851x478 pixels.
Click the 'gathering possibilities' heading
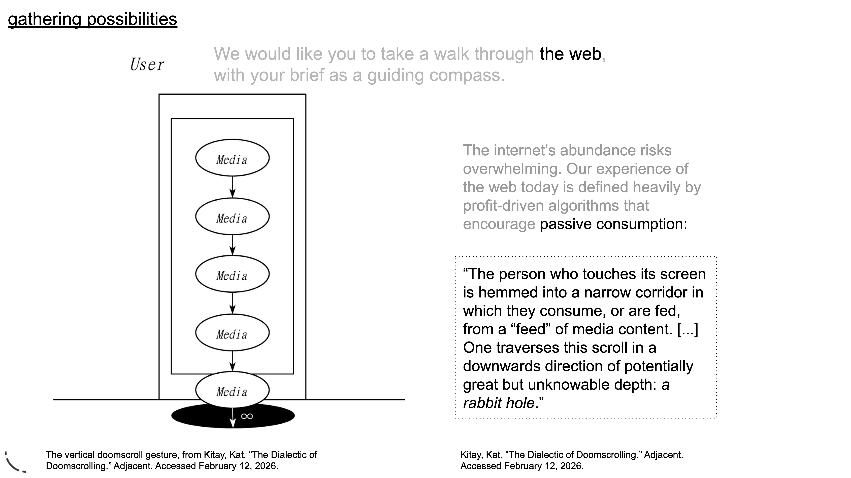click(x=92, y=19)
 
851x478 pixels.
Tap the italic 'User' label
click(x=147, y=64)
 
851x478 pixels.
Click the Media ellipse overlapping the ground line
click(x=232, y=390)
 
